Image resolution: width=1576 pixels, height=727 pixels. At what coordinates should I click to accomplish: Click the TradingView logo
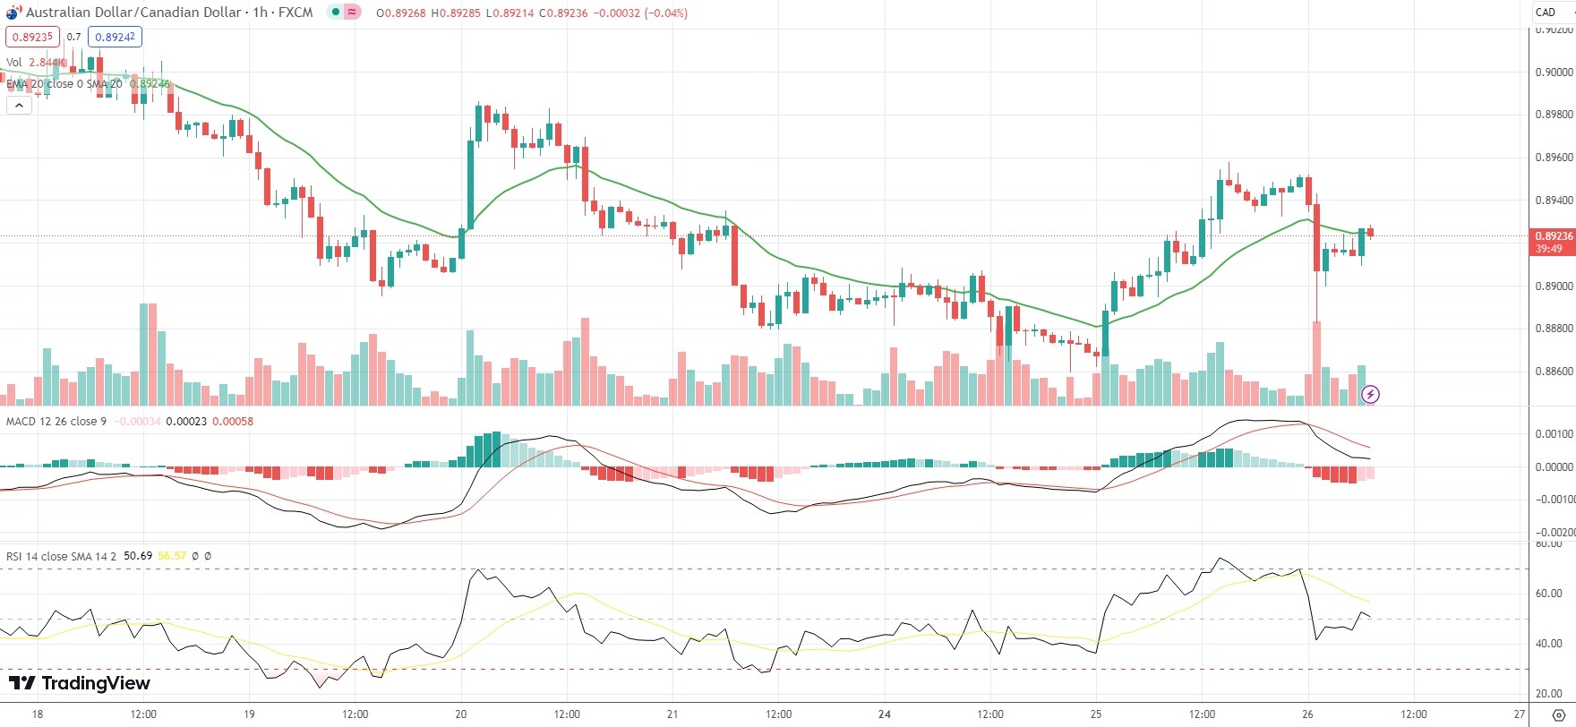point(79,684)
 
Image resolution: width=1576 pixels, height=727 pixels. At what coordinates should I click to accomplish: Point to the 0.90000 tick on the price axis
point(1554,73)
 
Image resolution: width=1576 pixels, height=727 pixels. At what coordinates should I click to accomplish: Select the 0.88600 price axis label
point(1554,371)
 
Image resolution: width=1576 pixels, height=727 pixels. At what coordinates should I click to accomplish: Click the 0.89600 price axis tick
point(1554,158)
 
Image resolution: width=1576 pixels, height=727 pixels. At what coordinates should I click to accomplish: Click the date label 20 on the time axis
point(461,714)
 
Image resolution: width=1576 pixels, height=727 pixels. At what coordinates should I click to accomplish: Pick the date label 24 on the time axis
point(885,714)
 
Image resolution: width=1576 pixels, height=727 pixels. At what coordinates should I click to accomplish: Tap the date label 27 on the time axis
point(1520,714)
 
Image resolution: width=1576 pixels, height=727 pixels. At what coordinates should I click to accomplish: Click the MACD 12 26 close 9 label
point(56,422)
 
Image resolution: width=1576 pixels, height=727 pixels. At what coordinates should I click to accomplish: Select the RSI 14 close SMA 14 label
point(61,556)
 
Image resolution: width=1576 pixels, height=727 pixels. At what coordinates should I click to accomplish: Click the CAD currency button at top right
point(1546,13)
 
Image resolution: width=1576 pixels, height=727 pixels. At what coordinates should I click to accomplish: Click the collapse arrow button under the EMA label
point(19,105)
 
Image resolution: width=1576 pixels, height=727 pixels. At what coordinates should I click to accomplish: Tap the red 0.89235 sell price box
point(32,37)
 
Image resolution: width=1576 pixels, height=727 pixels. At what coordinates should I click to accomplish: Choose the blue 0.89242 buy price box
point(115,37)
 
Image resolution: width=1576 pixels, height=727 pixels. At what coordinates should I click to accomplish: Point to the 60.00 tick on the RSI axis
point(1549,594)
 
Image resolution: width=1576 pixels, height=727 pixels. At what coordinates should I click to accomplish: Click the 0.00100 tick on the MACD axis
point(1554,434)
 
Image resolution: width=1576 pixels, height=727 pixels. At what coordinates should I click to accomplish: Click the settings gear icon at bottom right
point(1558,714)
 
